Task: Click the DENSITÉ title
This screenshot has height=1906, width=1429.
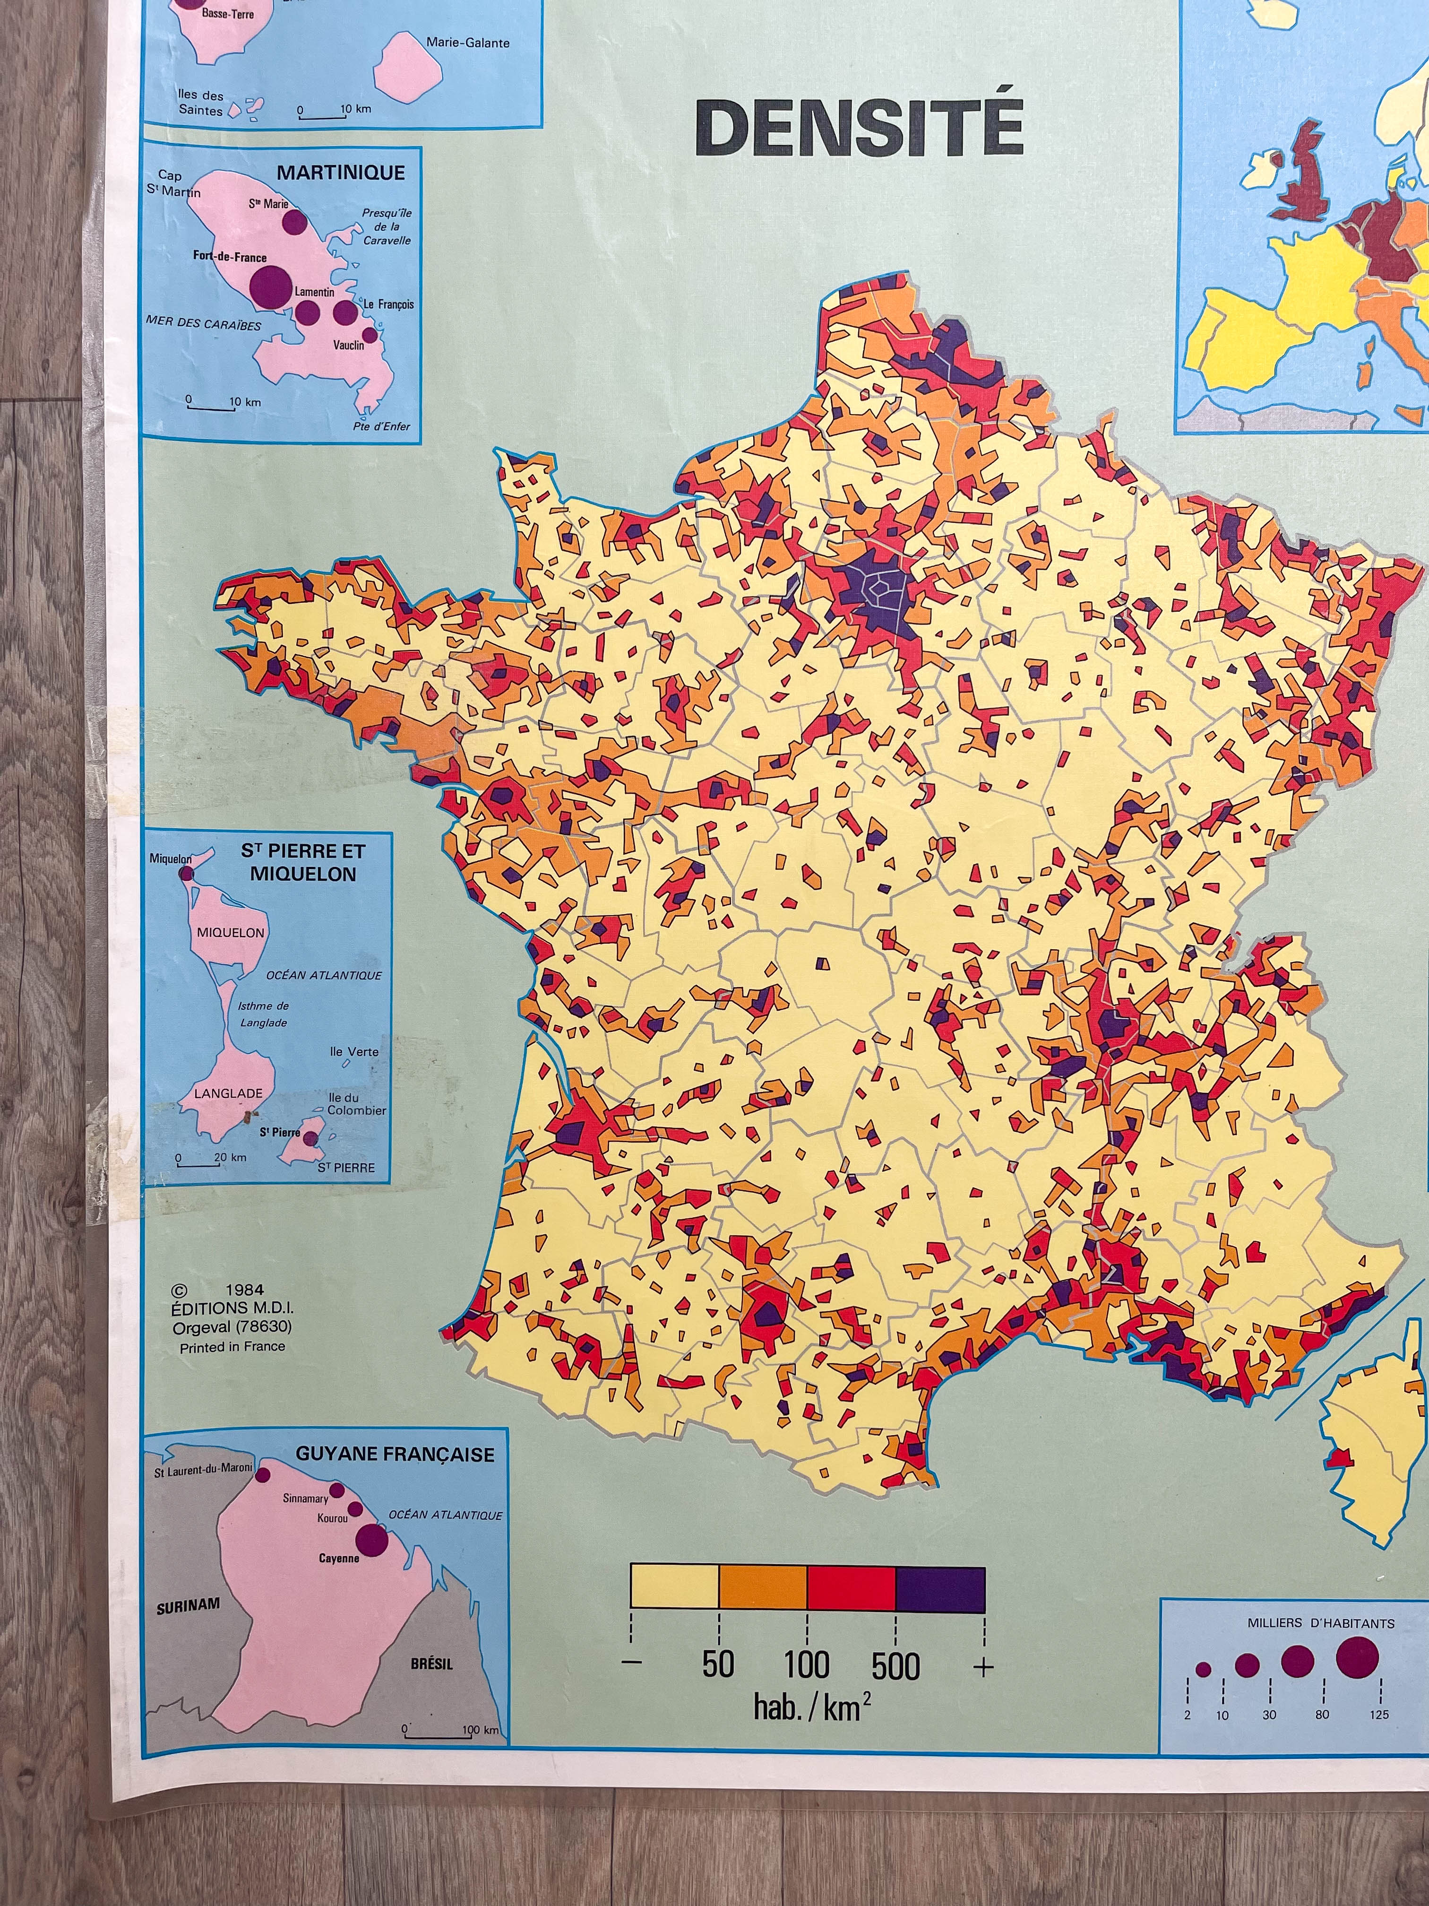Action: (859, 128)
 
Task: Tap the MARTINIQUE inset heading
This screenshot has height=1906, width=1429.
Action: (340, 173)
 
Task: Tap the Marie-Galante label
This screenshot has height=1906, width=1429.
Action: (468, 42)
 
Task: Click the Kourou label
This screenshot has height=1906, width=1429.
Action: (333, 1517)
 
